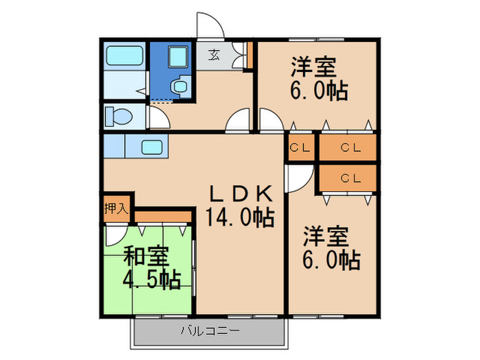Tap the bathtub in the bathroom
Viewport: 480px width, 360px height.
coord(124,54)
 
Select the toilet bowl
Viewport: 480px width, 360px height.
coord(118,116)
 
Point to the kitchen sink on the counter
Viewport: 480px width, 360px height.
coord(152,146)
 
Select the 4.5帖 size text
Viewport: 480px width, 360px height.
coord(152,279)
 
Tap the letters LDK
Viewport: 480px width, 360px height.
coord(241,193)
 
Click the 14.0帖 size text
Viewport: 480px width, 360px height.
coord(240,217)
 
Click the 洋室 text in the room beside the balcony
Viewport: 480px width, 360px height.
coord(327,237)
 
